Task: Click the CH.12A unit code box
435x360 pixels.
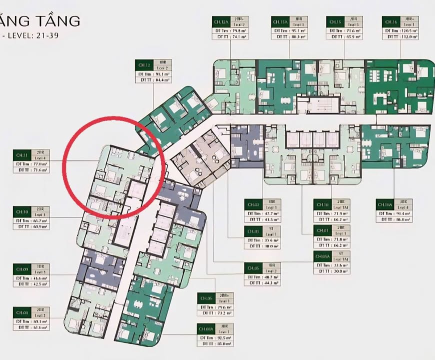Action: [x=222, y=21]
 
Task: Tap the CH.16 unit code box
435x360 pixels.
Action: [x=390, y=21]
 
